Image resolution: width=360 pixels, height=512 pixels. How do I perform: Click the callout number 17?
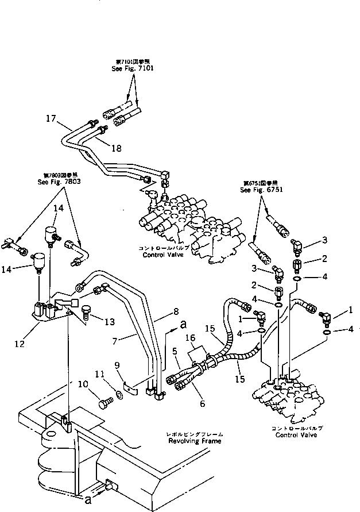[x=51, y=118]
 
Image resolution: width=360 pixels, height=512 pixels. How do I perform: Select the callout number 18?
[x=117, y=148]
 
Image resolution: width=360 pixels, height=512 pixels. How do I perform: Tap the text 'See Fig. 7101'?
[x=133, y=68]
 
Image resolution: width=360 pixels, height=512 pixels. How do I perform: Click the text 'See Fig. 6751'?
[x=263, y=190]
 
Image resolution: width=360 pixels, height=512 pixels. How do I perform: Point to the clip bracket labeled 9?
[x=130, y=387]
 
